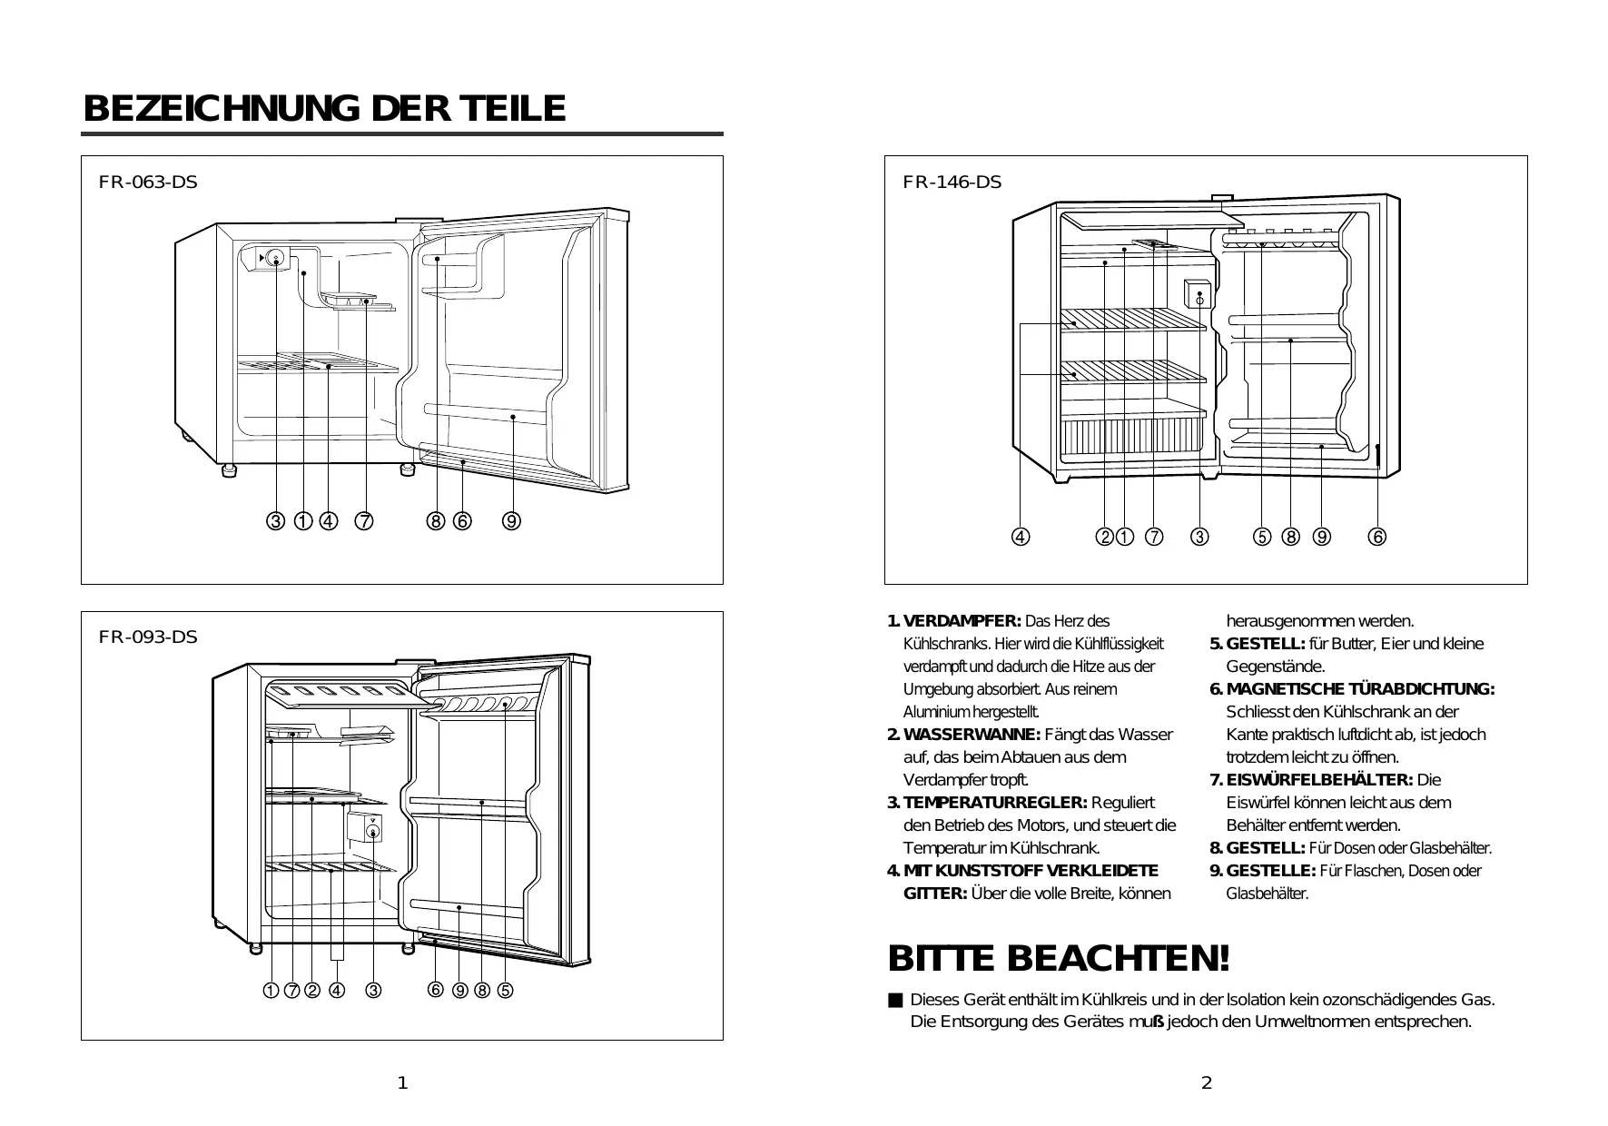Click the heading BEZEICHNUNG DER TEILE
(x=324, y=109)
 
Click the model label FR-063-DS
(x=148, y=182)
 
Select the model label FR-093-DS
(x=148, y=637)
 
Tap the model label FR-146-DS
(x=952, y=182)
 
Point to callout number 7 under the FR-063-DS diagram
(x=364, y=521)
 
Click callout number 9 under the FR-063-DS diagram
(x=512, y=521)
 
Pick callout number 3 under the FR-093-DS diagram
(x=373, y=991)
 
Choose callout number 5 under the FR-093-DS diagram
(x=505, y=991)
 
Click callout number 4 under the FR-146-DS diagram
(x=1021, y=537)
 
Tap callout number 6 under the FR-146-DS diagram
(x=1377, y=537)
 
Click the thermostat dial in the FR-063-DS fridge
(x=276, y=259)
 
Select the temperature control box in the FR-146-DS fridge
(x=1199, y=295)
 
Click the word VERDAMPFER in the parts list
(x=962, y=622)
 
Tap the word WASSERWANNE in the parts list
(x=972, y=735)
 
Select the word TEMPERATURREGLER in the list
(x=995, y=803)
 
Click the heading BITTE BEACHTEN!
(x=1059, y=958)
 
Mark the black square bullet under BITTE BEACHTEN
(x=895, y=1001)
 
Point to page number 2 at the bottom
(x=1206, y=1082)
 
